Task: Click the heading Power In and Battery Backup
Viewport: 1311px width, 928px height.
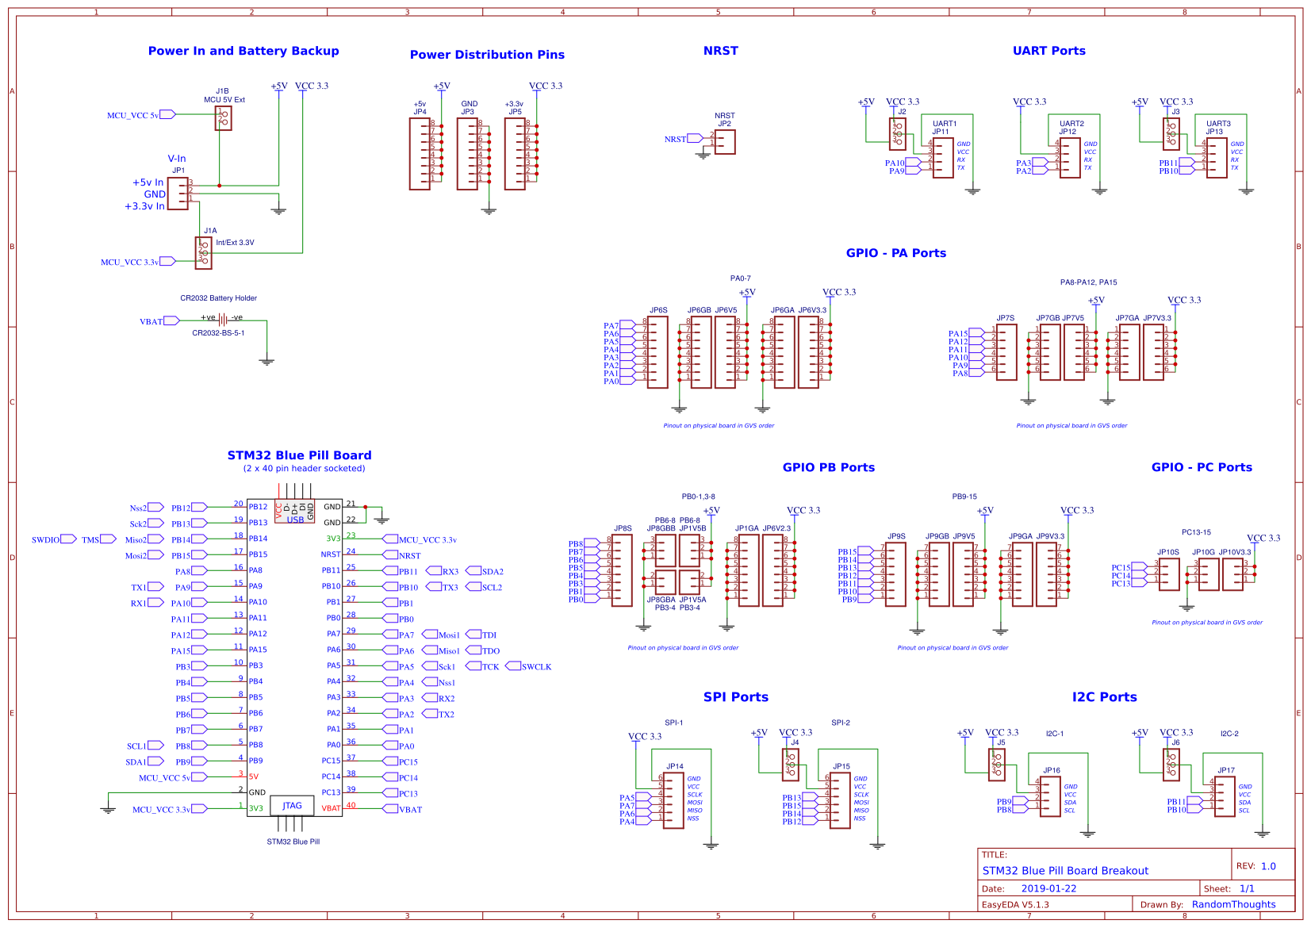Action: tap(243, 51)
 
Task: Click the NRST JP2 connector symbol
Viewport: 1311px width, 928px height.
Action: tap(725, 142)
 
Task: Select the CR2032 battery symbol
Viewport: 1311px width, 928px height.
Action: tap(223, 320)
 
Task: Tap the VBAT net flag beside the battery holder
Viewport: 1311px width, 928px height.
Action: tap(171, 321)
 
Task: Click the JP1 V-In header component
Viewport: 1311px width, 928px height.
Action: tap(178, 193)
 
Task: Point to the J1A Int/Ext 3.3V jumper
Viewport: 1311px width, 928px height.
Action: tap(203, 253)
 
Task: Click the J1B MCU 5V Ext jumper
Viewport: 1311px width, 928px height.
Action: tap(223, 118)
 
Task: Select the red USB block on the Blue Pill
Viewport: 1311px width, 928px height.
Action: tap(295, 512)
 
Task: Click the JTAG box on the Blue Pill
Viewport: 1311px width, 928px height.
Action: tap(292, 806)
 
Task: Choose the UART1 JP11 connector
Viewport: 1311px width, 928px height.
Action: tap(942, 158)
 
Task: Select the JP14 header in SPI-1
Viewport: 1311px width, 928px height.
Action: tap(673, 801)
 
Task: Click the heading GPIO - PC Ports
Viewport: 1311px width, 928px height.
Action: tap(1201, 467)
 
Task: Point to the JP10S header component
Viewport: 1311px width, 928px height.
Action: tap(1168, 573)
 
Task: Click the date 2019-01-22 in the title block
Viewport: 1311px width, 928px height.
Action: tap(1048, 888)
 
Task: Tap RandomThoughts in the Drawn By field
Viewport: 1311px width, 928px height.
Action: tap(1233, 904)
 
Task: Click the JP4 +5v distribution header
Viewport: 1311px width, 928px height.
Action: tap(420, 154)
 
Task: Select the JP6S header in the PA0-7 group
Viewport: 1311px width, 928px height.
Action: tap(657, 352)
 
